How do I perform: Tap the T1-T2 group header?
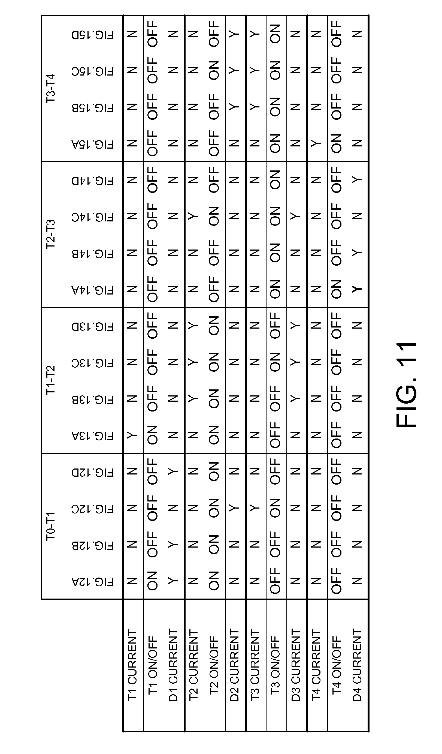coord(51,380)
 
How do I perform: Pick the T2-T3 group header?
coord(51,234)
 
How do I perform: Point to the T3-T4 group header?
coord(51,89)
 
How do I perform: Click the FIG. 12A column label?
coord(92,582)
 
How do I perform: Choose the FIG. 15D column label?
coord(92,35)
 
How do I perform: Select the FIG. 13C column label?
coord(92,363)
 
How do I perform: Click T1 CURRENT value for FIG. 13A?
coord(132,436)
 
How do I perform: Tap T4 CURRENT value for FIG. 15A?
coord(316,144)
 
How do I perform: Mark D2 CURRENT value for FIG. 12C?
coord(234,508)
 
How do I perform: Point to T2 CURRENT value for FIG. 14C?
coord(193,217)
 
